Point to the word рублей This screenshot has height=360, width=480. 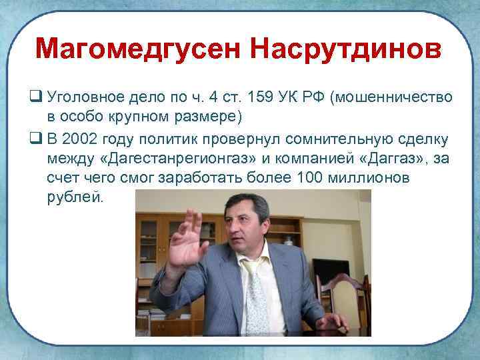75,198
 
